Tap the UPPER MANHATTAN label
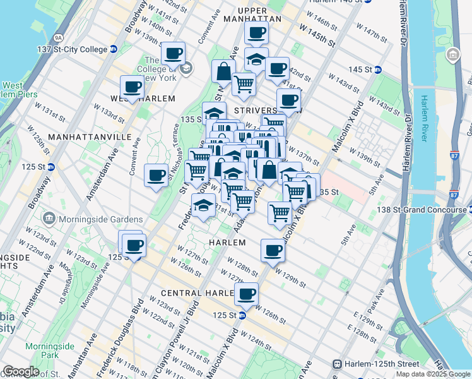coord(262,15)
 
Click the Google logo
coord(20,371)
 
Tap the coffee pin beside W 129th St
coord(273,250)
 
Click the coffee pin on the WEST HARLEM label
coord(132,87)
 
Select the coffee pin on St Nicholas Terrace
coord(156,175)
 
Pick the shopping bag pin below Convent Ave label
coord(223,71)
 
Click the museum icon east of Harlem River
coord(452,56)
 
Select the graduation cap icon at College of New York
coord(186,68)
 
